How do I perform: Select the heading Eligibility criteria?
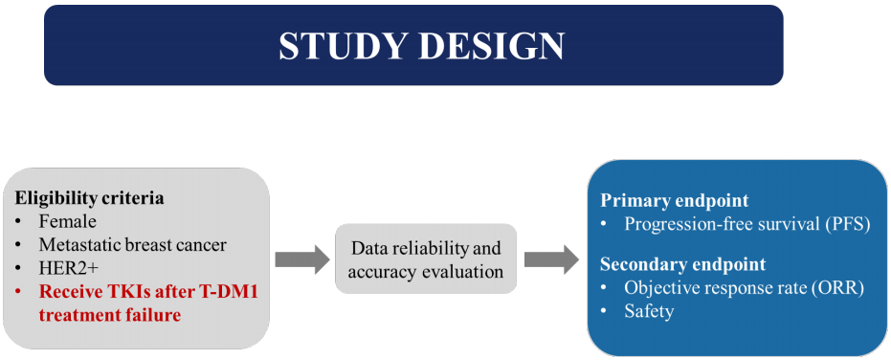pos(89,198)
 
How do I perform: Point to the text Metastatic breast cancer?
pos(133,245)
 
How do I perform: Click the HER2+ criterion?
pos(63,268)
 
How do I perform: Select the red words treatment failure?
pos(110,314)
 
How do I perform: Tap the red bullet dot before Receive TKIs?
pos(18,292)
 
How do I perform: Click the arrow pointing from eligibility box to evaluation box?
pos(302,259)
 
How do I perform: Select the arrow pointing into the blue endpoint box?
pos(551,259)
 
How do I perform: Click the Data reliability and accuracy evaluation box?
pos(426,259)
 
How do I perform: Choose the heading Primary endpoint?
pos(675,201)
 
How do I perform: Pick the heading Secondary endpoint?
pos(683,264)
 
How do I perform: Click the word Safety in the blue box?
pos(649,311)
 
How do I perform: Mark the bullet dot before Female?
pos(18,222)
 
